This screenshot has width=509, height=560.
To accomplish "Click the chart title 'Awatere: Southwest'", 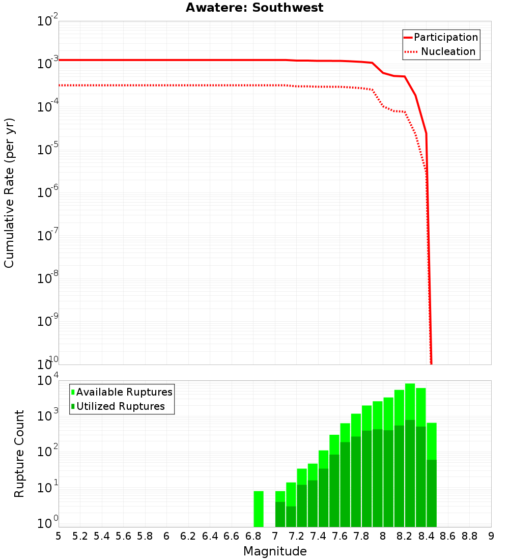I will click(x=254, y=8).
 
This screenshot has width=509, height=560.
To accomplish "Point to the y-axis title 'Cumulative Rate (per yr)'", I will click(x=9, y=192).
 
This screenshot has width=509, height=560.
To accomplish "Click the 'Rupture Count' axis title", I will click(x=19, y=454).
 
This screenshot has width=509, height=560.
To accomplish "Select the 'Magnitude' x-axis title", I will click(x=275, y=551).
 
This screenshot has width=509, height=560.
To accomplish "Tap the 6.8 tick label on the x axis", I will click(x=253, y=536).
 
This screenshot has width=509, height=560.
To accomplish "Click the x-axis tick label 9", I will click(x=491, y=536).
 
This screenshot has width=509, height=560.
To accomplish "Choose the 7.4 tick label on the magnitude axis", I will click(x=318, y=536).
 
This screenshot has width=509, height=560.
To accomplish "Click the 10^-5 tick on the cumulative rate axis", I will click(x=48, y=149).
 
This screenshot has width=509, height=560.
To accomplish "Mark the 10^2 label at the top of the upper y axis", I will click(x=48, y=21).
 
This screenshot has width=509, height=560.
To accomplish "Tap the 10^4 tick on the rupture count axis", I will click(x=48, y=380).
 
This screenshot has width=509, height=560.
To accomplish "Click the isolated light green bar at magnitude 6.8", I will click(x=259, y=509).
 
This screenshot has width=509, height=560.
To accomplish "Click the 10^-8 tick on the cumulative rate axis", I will click(x=48, y=278).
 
